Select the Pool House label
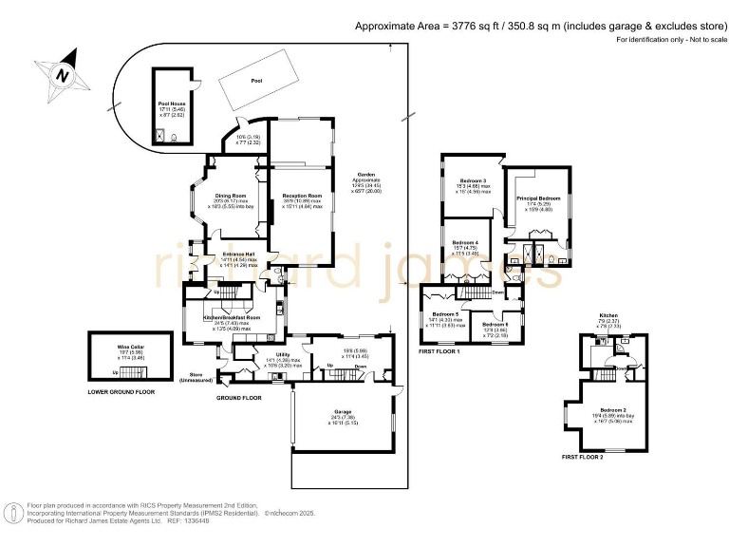[x=176, y=104]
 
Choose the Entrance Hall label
[x=237, y=255]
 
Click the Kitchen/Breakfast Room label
[x=233, y=318]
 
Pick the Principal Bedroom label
[x=538, y=198]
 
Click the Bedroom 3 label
[x=474, y=180]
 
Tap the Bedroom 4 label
[x=465, y=243]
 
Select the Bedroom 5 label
[x=445, y=314]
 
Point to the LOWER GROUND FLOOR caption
[x=121, y=391]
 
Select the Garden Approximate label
[x=366, y=176]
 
